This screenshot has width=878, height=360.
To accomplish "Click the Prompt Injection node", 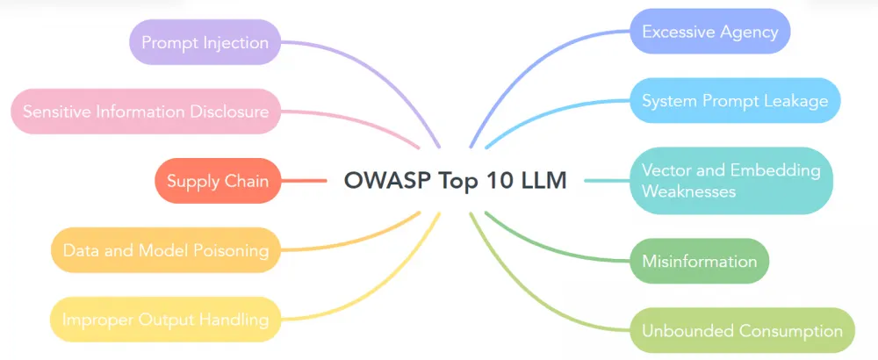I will pos(205,42).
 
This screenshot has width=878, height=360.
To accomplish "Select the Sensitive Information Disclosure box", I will pos(146,112).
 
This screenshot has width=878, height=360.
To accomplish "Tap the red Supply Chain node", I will pos(218,181).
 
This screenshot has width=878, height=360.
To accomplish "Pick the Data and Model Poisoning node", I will pos(166,250).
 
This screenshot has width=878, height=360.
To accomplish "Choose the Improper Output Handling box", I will pos(166,320).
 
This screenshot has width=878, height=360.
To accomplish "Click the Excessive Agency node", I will pos(710,32).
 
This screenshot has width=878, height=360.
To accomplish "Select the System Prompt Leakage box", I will pos(735,100).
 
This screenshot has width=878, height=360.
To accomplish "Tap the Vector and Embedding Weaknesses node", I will pos(730,180).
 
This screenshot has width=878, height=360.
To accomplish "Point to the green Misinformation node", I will pos(699,261).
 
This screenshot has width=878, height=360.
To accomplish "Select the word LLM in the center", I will pos(540,181).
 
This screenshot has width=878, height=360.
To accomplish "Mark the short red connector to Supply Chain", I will pos(304,181).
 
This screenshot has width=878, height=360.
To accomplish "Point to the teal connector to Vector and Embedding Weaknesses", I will pos(606,181).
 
